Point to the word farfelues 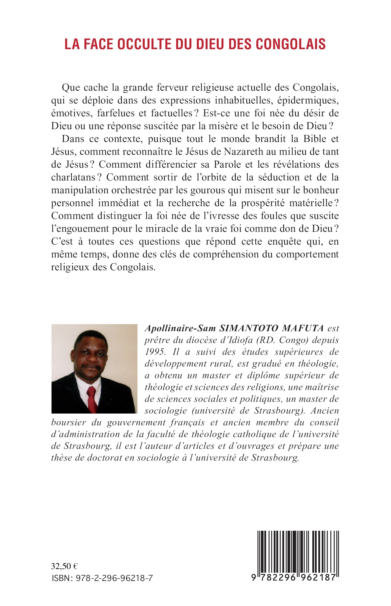[115, 113]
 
